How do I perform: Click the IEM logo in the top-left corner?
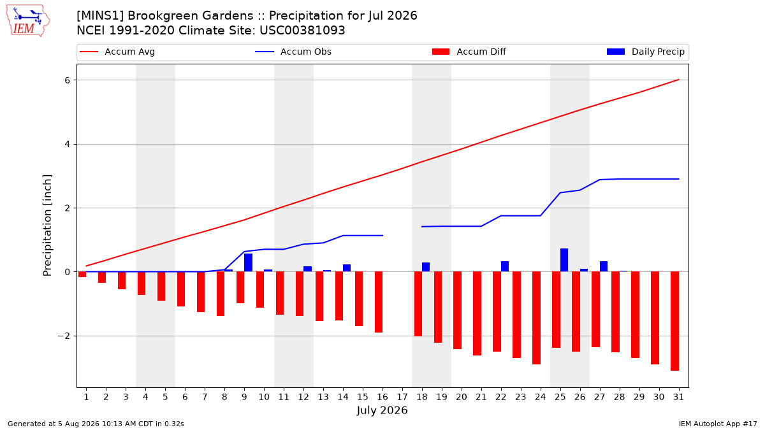[x=28, y=21]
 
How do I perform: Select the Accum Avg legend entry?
[x=117, y=52]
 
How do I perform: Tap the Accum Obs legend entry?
[x=293, y=52]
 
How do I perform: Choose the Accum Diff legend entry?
[x=469, y=52]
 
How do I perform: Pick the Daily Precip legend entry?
[x=645, y=52]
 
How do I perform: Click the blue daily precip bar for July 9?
[x=248, y=262]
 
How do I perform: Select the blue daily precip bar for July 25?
[x=564, y=260]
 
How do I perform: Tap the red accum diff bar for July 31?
[x=674, y=321]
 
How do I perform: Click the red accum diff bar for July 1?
[x=82, y=275]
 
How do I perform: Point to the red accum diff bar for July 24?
[x=536, y=318]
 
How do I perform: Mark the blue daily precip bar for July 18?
[x=426, y=267]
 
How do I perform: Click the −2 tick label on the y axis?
[x=64, y=336]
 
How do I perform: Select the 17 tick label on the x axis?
[x=402, y=398]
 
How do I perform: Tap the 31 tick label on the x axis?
[x=678, y=398]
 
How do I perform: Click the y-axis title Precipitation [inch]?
[x=47, y=226]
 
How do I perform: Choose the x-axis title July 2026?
[x=382, y=410]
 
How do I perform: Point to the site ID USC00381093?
[x=302, y=31]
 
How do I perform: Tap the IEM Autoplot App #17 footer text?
[x=718, y=424]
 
